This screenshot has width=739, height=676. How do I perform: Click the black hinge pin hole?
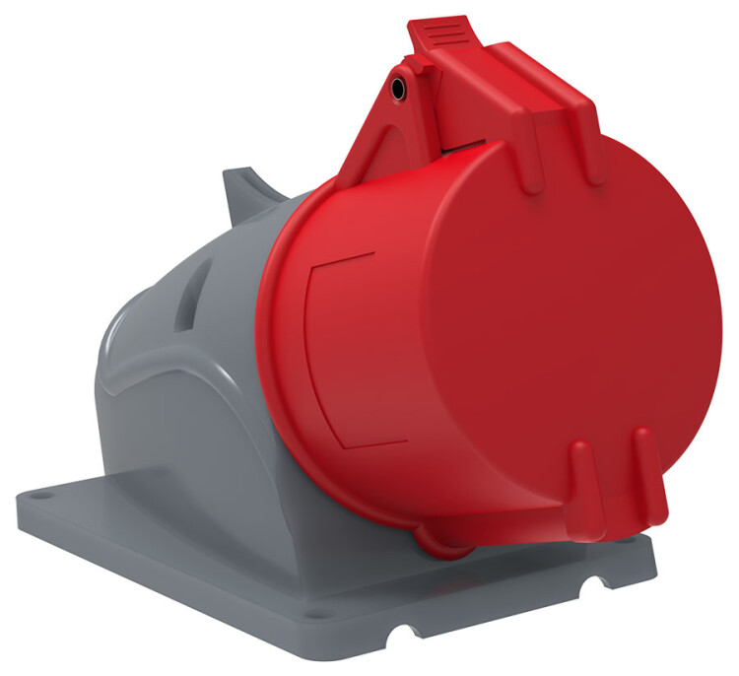(x=396, y=90)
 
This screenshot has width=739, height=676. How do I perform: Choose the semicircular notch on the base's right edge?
(x=596, y=588)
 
